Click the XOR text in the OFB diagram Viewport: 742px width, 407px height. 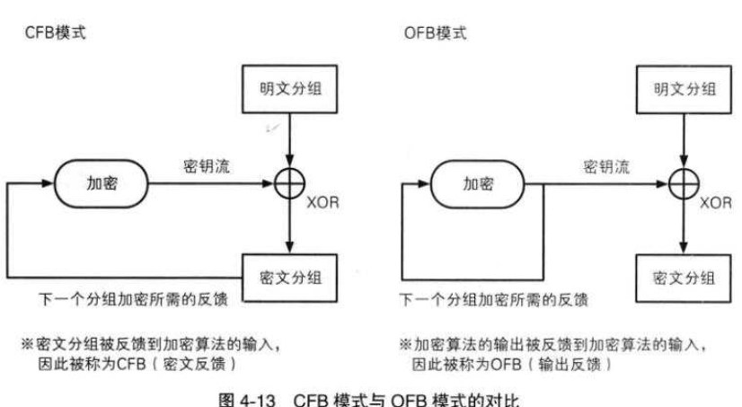tap(717, 203)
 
